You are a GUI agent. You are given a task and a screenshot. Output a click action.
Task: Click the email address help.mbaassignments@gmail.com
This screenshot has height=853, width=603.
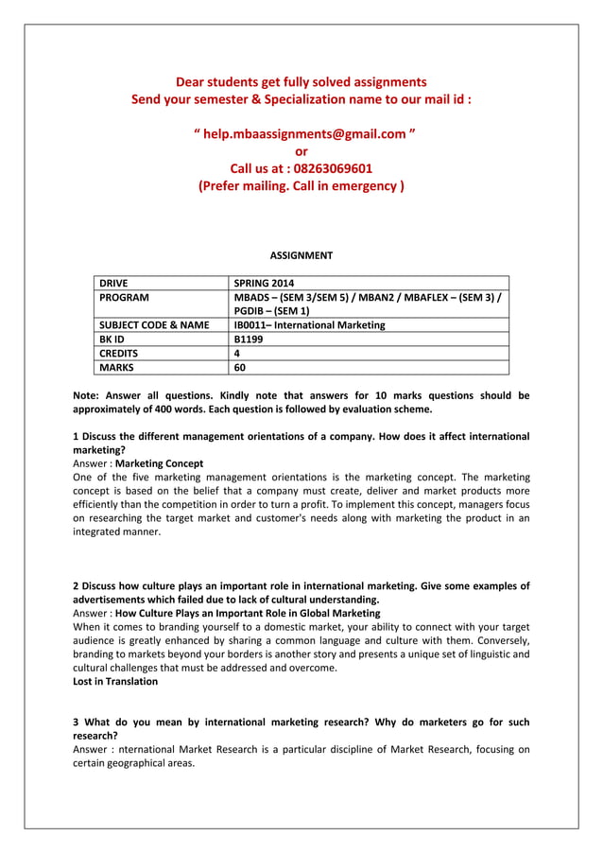(301, 134)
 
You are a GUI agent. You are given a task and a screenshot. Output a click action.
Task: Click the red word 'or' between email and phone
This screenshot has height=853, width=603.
(301, 151)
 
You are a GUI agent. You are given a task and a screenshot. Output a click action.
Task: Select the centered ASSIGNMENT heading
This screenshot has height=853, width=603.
(301, 255)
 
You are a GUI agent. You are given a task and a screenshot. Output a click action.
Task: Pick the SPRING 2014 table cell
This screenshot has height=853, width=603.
(264, 283)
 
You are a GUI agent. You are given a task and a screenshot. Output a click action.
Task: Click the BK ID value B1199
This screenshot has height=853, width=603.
(250, 339)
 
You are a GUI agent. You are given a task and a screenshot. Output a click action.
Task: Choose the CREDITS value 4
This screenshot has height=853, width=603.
(237, 354)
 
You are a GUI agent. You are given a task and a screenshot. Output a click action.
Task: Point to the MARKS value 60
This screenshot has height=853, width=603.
(241, 368)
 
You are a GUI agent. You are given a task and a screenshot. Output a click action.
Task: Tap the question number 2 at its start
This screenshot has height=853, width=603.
(77, 586)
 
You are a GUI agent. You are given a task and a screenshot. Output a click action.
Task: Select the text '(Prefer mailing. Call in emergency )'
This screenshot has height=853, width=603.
(301, 186)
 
